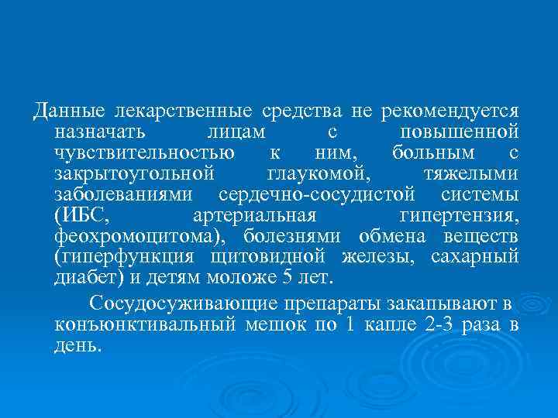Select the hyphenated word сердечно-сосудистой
317,192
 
